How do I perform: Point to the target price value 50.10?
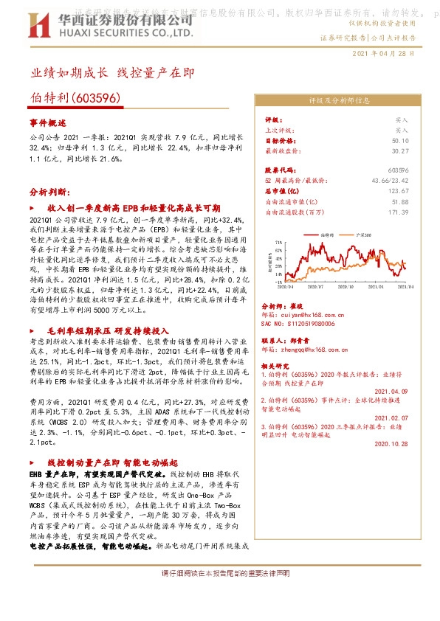pyautogui.click(x=400, y=139)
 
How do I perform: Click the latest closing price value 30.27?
pyautogui.click(x=400, y=150)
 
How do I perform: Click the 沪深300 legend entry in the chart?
pyautogui.click(x=362, y=234)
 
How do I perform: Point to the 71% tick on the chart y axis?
pyautogui.click(x=278, y=240)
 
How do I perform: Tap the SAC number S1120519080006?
pyautogui.click(x=298, y=323)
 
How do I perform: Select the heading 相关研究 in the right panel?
pyautogui.click(x=277, y=365)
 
